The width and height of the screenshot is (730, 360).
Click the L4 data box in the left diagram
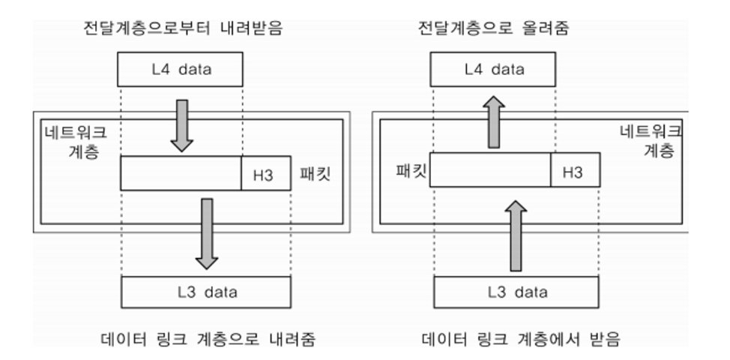pyautogui.click(x=181, y=69)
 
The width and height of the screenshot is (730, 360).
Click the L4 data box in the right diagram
pyautogui.click(x=492, y=69)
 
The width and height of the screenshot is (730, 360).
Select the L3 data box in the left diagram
pyautogui.click(x=205, y=292)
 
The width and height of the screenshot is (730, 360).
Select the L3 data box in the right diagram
pyautogui.click(x=516, y=292)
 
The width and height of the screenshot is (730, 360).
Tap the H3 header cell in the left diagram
pyautogui.click(x=266, y=173)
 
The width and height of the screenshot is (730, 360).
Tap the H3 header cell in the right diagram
pyautogui.click(x=575, y=170)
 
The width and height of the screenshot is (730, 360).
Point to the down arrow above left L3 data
pyautogui.click(x=206, y=232)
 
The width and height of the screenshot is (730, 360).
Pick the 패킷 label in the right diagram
pyautogui.click(x=411, y=170)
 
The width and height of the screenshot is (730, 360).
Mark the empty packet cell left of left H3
pyautogui.click(x=181, y=173)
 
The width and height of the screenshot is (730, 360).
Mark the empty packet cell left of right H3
pyautogui.click(x=490, y=170)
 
